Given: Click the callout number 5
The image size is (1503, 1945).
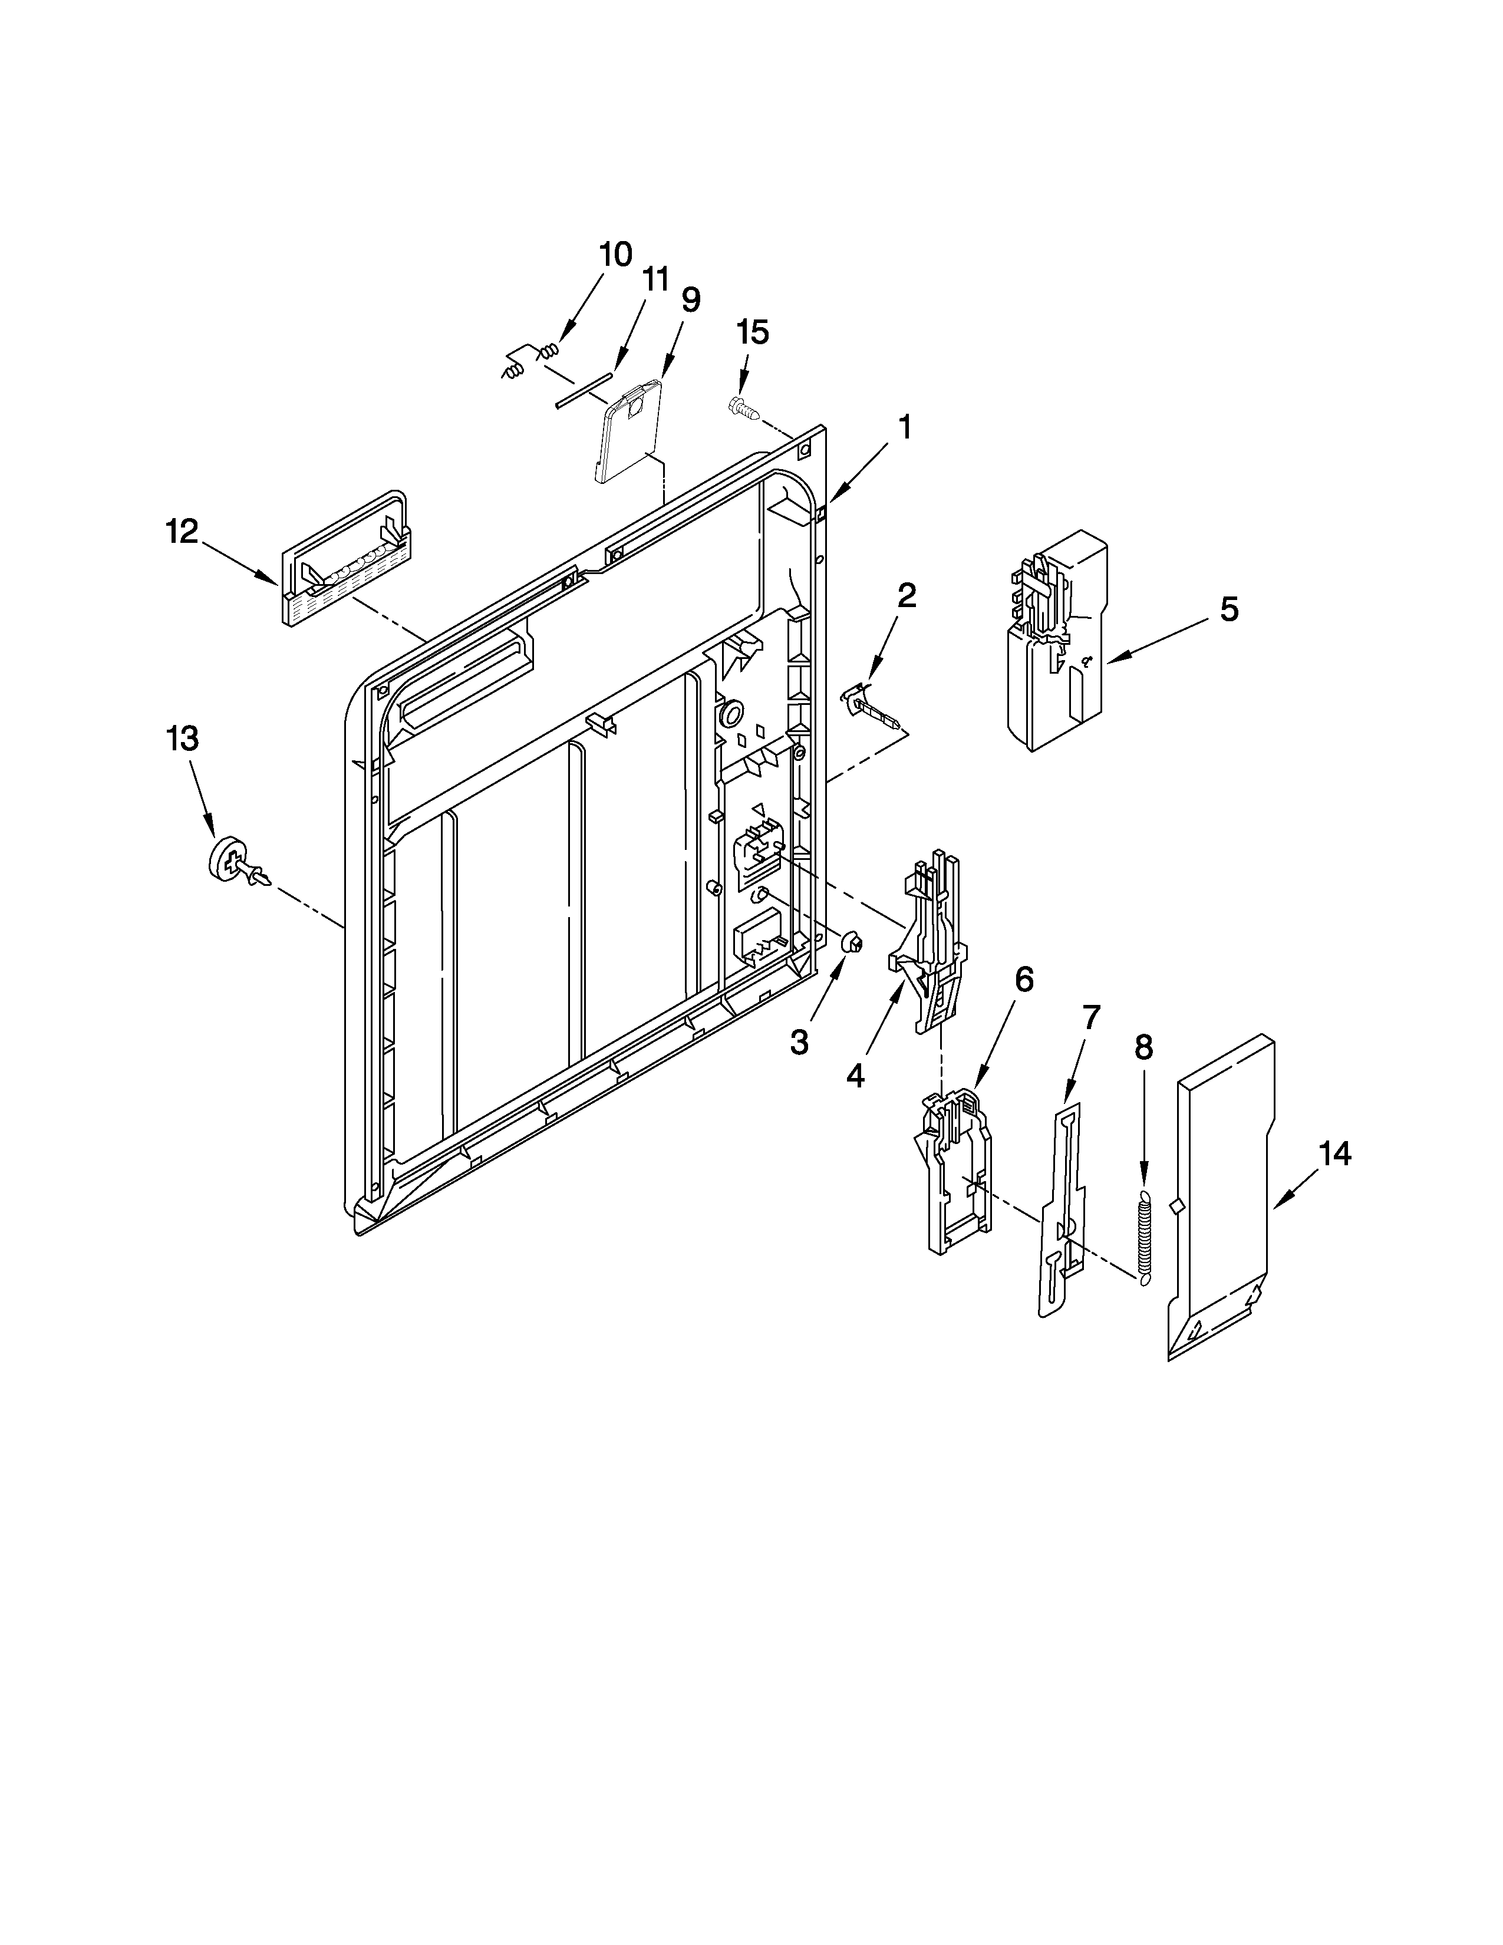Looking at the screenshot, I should pyautogui.click(x=1229, y=609).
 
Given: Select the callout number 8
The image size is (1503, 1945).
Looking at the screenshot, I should pyautogui.click(x=1143, y=1047).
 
